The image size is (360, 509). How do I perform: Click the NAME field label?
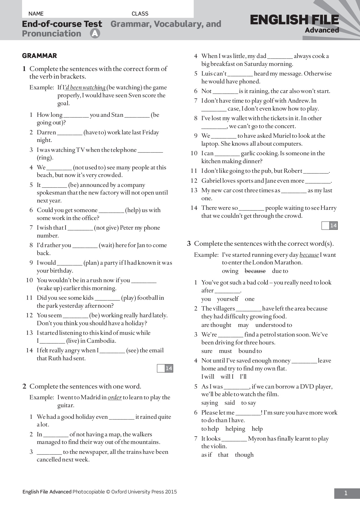click(x=36, y=14)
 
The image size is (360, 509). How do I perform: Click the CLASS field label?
click(x=140, y=14)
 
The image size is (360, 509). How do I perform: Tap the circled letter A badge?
click(x=95, y=34)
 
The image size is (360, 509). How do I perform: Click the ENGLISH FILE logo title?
click(x=294, y=20)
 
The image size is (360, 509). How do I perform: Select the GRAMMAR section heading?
click(x=39, y=56)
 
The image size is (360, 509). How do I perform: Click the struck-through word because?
click(x=255, y=271)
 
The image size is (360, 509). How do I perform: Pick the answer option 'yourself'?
click(x=228, y=299)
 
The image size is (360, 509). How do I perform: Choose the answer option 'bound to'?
click(x=250, y=351)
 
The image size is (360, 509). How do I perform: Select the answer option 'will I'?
click(x=227, y=377)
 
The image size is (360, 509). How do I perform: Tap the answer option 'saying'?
click(x=210, y=403)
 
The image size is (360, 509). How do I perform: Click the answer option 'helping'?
click(x=235, y=429)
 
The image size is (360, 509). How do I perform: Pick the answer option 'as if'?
click(x=206, y=455)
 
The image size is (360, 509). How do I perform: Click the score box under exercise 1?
click(x=165, y=368)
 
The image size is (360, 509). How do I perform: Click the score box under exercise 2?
click(x=330, y=225)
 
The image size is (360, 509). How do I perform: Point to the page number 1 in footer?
click(x=346, y=493)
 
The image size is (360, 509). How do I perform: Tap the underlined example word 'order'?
click(x=115, y=397)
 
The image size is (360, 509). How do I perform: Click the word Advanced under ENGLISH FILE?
click(x=322, y=30)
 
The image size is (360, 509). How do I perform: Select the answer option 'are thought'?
click(x=216, y=325)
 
